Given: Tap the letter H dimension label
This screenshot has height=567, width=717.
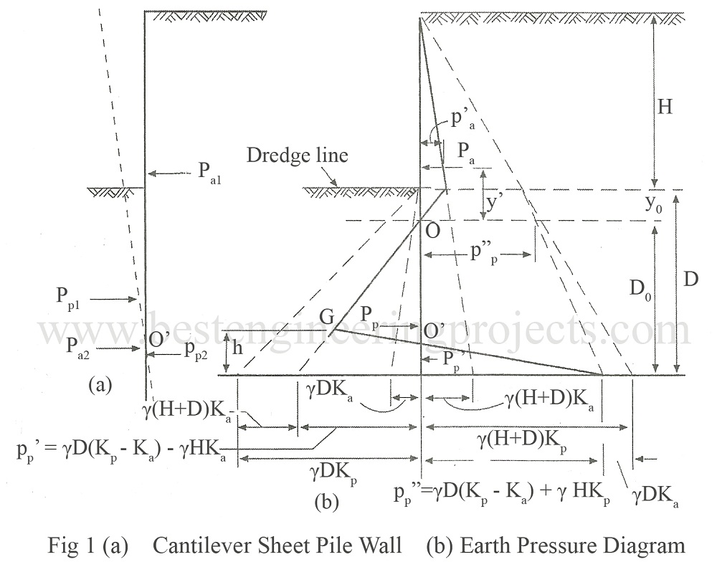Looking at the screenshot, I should point(666,107).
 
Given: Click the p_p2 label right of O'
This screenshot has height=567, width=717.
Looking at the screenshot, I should point(197,349).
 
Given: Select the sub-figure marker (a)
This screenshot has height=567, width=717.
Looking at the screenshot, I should point(100,385).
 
